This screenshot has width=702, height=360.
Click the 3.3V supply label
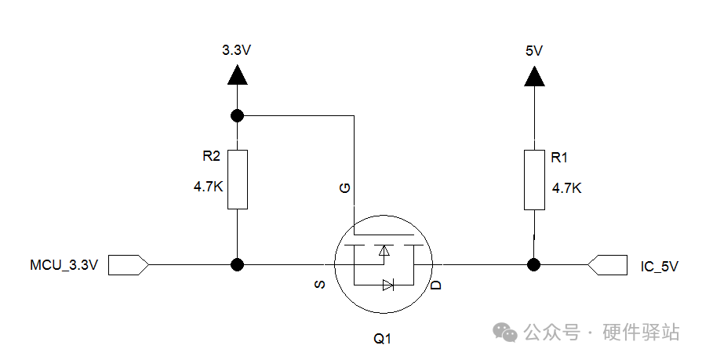coord(236,49)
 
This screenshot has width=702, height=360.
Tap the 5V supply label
coord(534,51)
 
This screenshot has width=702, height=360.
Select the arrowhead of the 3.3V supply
coord(238,75)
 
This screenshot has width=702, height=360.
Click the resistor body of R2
coord(238,180)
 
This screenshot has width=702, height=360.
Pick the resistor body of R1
coord(535,180)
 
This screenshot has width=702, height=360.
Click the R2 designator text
coord(211,156)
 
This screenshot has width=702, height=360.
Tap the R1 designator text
coord(559,157)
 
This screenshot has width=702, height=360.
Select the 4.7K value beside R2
coord(208,186)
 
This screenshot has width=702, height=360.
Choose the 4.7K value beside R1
coord(567,188)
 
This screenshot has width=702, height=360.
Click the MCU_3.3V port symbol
coord(129,264)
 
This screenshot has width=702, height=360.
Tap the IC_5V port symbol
coord(607,264)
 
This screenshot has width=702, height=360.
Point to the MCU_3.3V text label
coord(64,264)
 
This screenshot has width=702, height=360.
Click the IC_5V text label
coord(659,267)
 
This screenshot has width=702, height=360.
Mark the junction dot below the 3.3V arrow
coord(238,116)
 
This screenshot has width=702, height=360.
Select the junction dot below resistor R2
coord(238,264)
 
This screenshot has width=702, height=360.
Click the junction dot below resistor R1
coord(533,264)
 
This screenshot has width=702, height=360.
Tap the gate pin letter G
coord(345,188)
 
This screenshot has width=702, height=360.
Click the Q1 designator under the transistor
coord(382,339)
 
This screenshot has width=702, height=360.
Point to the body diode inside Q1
coord(388,285)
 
